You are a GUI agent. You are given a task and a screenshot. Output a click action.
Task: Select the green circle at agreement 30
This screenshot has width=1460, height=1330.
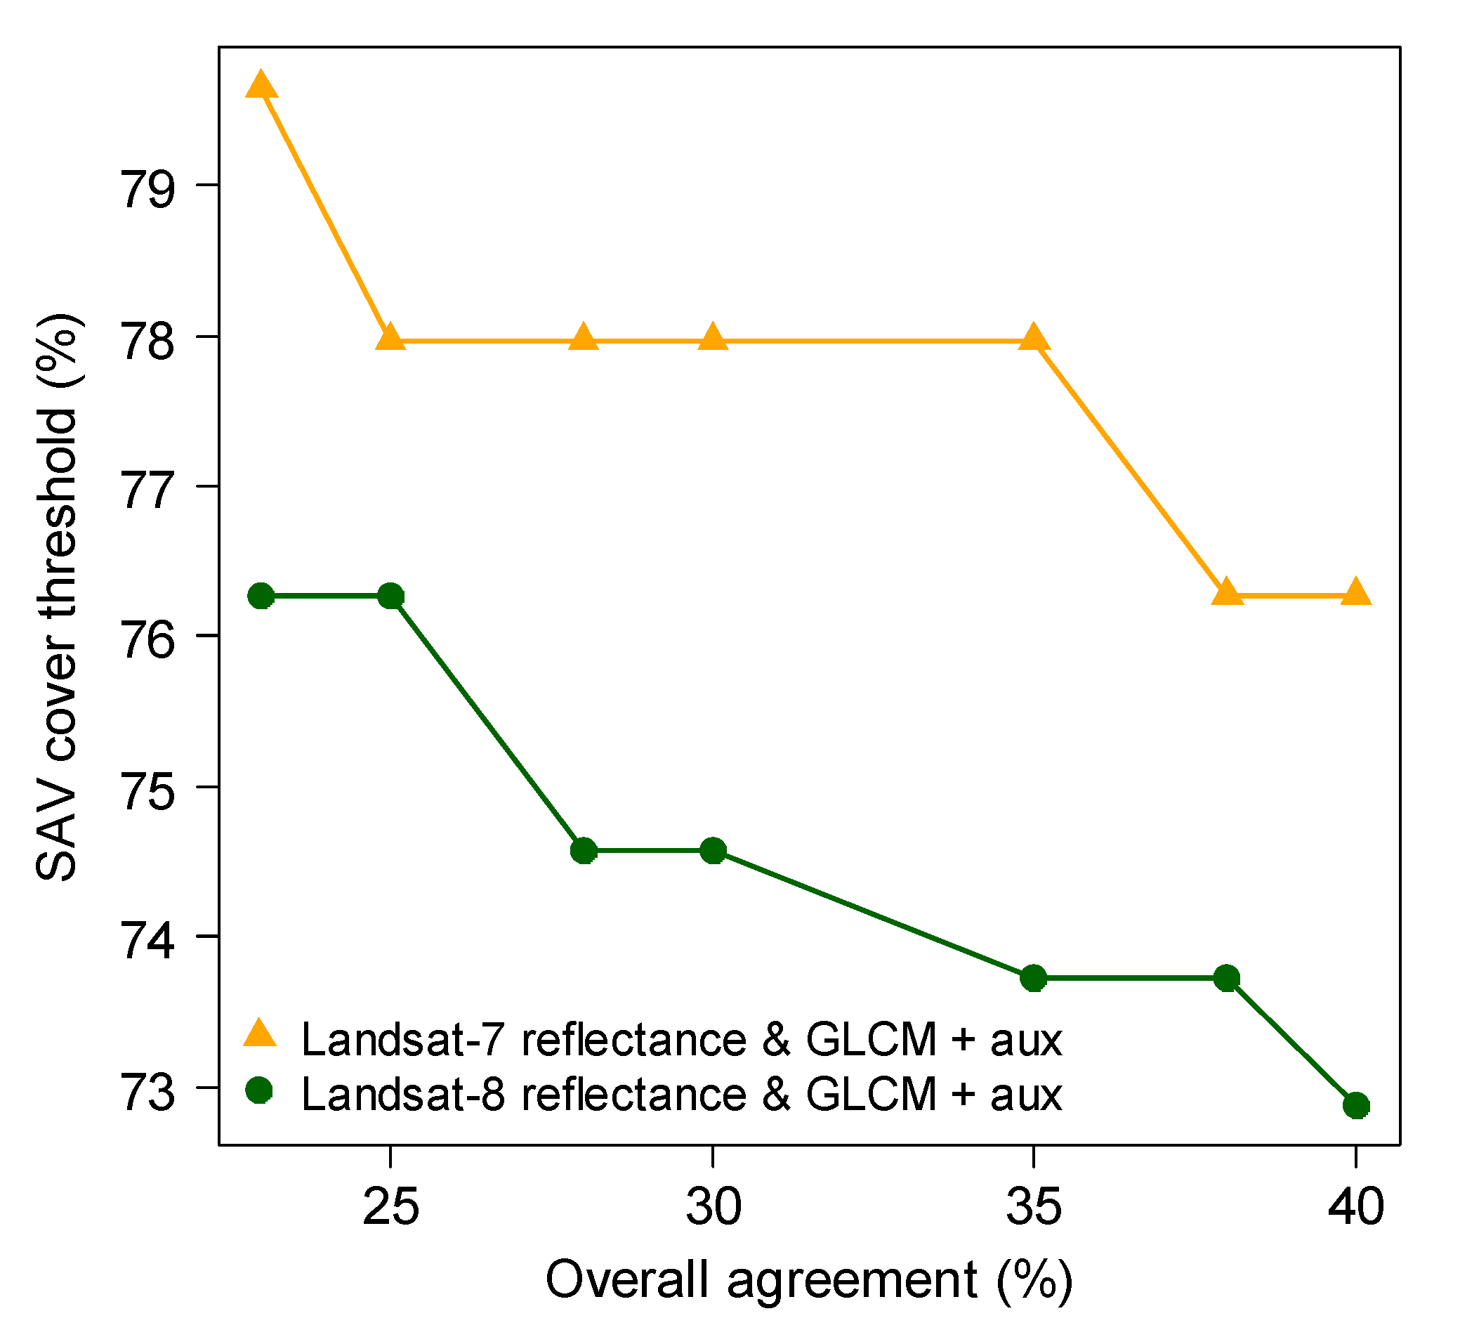pos(714,851)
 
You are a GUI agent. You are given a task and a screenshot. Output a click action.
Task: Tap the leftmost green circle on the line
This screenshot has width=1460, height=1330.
pos(261,597)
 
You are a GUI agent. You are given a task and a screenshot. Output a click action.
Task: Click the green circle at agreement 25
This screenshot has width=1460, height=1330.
pos(391,597)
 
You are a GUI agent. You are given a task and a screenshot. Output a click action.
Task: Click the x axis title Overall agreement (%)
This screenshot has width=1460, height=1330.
pos(809,1281)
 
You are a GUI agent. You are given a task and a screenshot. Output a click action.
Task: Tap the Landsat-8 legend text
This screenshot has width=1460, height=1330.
pos(681,1094)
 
